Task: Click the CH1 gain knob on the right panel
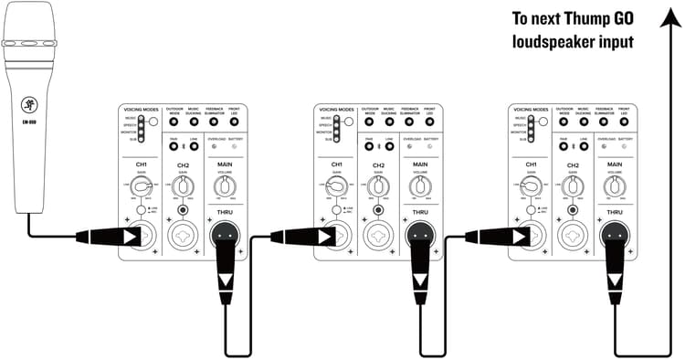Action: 530,186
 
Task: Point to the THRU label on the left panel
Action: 225,214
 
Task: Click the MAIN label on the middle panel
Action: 418,164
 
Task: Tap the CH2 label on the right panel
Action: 571,165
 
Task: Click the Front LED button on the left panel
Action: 234,122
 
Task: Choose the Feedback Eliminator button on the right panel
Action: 603,122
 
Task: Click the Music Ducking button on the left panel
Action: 195,122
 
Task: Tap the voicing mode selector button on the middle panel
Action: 348,121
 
